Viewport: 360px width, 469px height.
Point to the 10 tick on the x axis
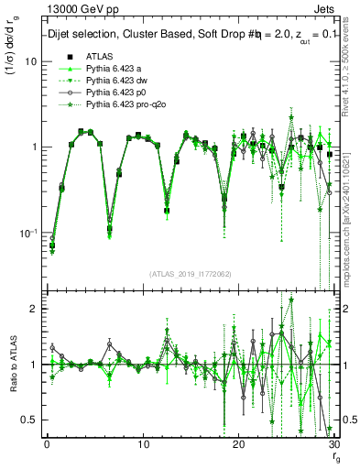tap(143, 444)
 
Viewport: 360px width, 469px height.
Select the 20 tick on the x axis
tap(238, 444)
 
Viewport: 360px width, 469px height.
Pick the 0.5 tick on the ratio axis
tap(29, 420)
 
